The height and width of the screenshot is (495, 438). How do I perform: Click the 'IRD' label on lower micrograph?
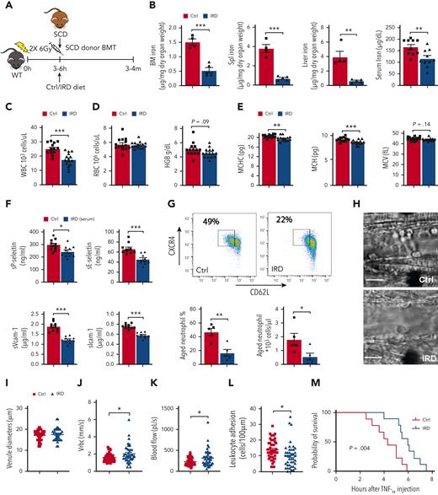(422, 369)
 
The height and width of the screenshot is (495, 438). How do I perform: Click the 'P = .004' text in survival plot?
(345, 448)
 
